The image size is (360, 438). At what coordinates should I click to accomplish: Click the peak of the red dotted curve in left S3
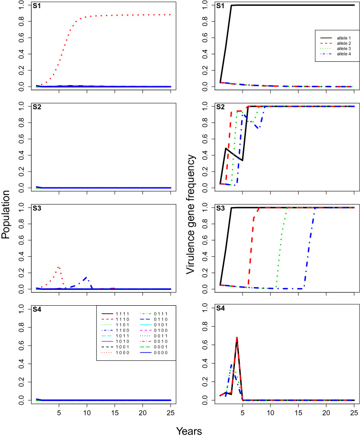(x=58, y=267)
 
